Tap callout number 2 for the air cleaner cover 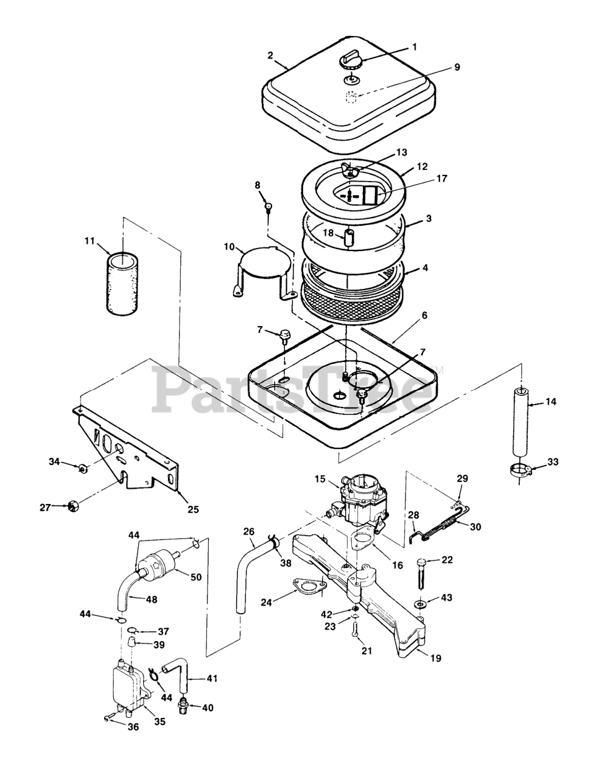[271, 55]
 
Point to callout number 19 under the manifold [436, 658]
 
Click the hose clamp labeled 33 [520, 470]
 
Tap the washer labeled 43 [420, 603]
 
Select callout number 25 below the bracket [192, 509]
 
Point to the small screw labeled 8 [267, 208]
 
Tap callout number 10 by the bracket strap [230, 246]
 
